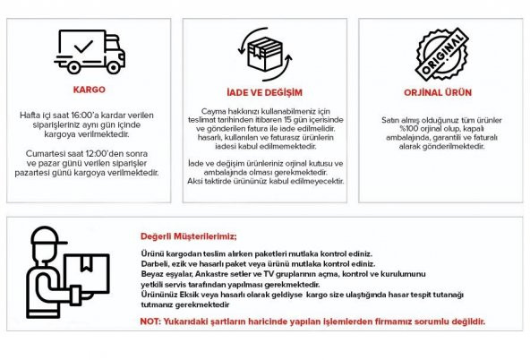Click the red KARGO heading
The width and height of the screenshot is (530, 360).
click(89, 90)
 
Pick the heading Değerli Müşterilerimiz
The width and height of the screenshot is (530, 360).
click(188, 236)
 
